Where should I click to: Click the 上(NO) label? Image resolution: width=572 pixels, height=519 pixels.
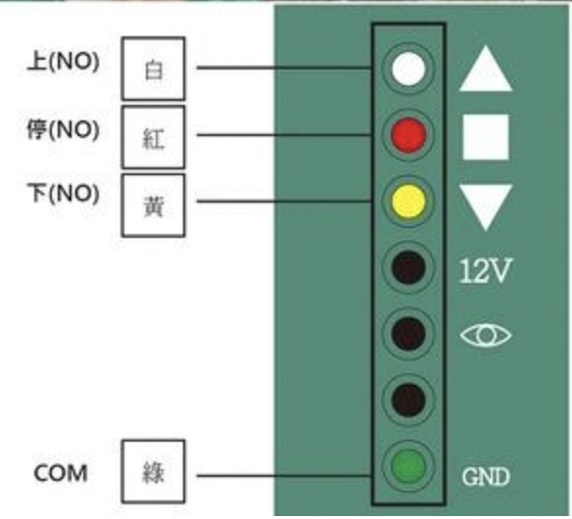point(64,62)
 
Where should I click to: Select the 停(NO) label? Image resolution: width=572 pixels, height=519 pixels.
point(63,129)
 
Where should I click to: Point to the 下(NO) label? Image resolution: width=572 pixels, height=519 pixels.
point(64,193)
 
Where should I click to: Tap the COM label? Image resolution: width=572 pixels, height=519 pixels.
point(61,473)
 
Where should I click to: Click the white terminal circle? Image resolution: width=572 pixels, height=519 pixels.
point(408,69)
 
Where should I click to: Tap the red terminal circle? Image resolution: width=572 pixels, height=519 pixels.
point(408,134)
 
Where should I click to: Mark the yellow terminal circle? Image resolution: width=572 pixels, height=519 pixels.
point(408,201)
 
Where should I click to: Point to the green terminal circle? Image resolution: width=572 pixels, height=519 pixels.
point(408,466)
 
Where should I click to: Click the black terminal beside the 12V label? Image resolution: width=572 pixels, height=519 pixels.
point(408,267)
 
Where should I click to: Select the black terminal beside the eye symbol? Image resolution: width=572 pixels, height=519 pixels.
point(408,334)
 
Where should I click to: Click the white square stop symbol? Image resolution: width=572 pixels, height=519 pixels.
point(486,137)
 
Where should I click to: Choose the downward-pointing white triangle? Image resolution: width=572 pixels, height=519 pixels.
point(486,205)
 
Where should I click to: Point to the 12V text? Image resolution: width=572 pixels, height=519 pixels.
point(485,270)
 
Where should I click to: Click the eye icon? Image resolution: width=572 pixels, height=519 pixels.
point(486,335)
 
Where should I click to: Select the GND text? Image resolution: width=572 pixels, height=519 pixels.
point(485,477)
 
